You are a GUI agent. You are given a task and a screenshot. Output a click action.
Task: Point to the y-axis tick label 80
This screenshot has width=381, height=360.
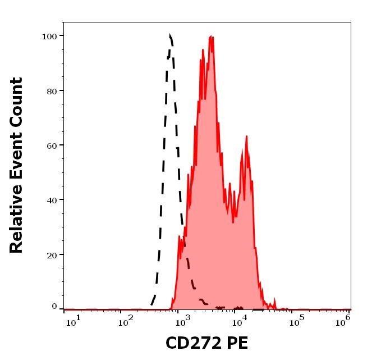51,90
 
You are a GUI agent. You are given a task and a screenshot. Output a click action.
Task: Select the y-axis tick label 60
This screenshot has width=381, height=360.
51,145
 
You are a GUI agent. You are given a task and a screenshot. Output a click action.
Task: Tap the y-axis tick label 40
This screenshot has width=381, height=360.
51,199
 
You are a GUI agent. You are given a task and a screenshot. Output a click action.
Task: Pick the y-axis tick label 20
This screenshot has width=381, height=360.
51,254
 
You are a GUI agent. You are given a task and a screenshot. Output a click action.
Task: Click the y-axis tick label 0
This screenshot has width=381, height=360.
54,307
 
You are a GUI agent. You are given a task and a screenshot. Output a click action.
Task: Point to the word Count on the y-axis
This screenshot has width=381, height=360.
17,97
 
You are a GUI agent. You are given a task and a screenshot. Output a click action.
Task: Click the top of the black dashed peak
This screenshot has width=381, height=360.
170,35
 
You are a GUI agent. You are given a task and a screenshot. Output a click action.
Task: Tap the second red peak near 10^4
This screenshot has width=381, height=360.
246,136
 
